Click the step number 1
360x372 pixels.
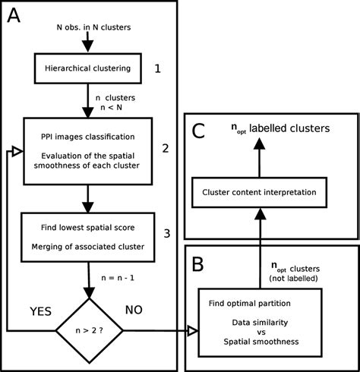pyautogui.click(x=157, y=69)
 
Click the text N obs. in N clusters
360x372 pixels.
pyautogui.click(x=94, y=27)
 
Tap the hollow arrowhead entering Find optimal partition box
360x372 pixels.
pyautogui.click(x=192, y=330)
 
